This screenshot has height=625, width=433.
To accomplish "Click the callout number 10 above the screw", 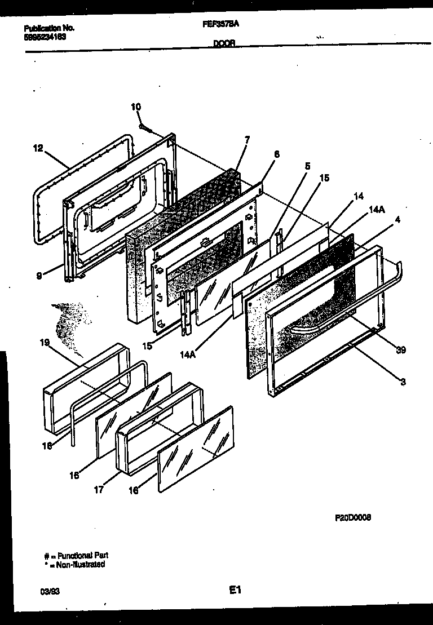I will (x=136, y=107).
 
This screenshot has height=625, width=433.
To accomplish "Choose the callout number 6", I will (x=276, y=154).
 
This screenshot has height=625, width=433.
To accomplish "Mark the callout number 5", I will (x=307, y=166).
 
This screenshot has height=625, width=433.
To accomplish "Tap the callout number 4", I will (x=397, y=220).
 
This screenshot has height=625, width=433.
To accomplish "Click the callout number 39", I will (x=401, y=350).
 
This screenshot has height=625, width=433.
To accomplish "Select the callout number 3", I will (x=403, y=382).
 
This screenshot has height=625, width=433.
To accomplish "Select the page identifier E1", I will (x=235, y=591).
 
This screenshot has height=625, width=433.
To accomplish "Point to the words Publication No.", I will (x=50, y=28).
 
